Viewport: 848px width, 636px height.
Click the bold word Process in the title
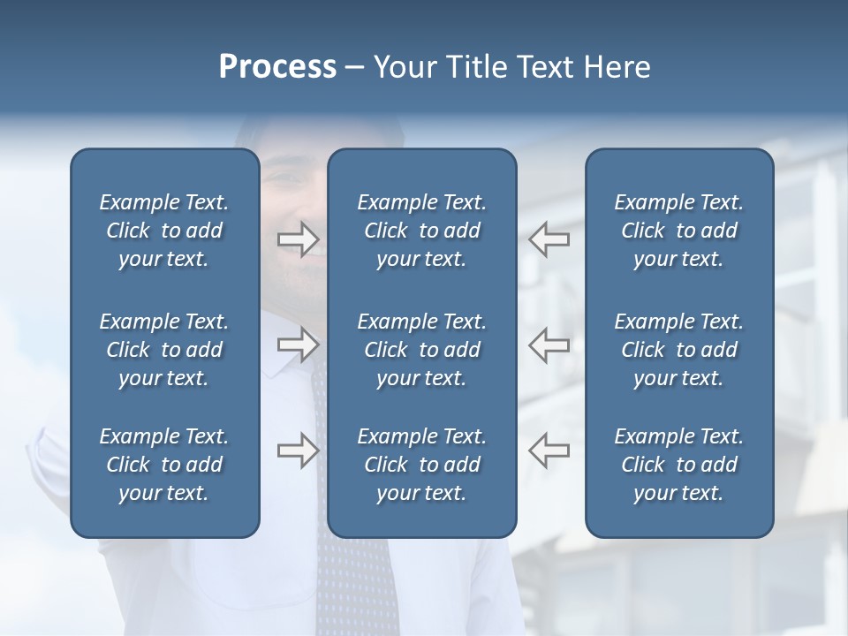point(277,67)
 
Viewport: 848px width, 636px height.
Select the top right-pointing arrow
point(299,238)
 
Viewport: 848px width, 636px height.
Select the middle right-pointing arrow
point(299,344)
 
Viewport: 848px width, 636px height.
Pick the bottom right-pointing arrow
point(299,450)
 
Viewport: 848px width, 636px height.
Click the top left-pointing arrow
point(549,238)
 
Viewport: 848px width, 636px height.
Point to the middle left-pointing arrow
point(549,344)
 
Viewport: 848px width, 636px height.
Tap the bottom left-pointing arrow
point(549,450)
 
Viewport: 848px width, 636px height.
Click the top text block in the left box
point(164,231)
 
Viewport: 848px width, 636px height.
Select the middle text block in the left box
point(164,350)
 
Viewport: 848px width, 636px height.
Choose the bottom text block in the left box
point(164,465)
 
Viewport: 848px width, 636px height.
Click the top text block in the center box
point(421,231)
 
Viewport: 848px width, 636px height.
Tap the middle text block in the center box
point(421,350)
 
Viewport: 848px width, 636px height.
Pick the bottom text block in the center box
point(421,465)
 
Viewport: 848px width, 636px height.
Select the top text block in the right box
point(678,231)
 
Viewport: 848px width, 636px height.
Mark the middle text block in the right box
point(678,350)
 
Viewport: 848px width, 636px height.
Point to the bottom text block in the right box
point(678,465)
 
